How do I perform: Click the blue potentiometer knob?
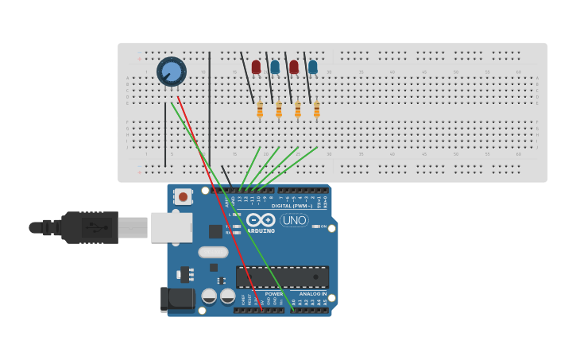(x=171, y=72)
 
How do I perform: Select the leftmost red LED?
(x=256, y=67)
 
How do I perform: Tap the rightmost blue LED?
(x=313, y=67)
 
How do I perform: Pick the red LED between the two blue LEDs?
(x=294, y=67)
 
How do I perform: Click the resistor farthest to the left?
(x=260, y=110)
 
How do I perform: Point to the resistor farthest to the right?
(x=317, y=110)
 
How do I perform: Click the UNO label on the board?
(x=294, y=220)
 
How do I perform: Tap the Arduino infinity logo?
(x=261, y=220)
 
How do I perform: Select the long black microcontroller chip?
(x=282, y=277)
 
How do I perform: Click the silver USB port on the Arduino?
(x=172, y=227)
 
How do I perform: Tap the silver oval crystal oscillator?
(x=213, y=252)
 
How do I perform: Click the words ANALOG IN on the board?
(x=312, y=294)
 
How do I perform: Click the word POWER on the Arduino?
(x=274, y=294)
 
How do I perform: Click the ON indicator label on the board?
(x=324, y=227)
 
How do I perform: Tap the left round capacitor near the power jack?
(x=209, y=296)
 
